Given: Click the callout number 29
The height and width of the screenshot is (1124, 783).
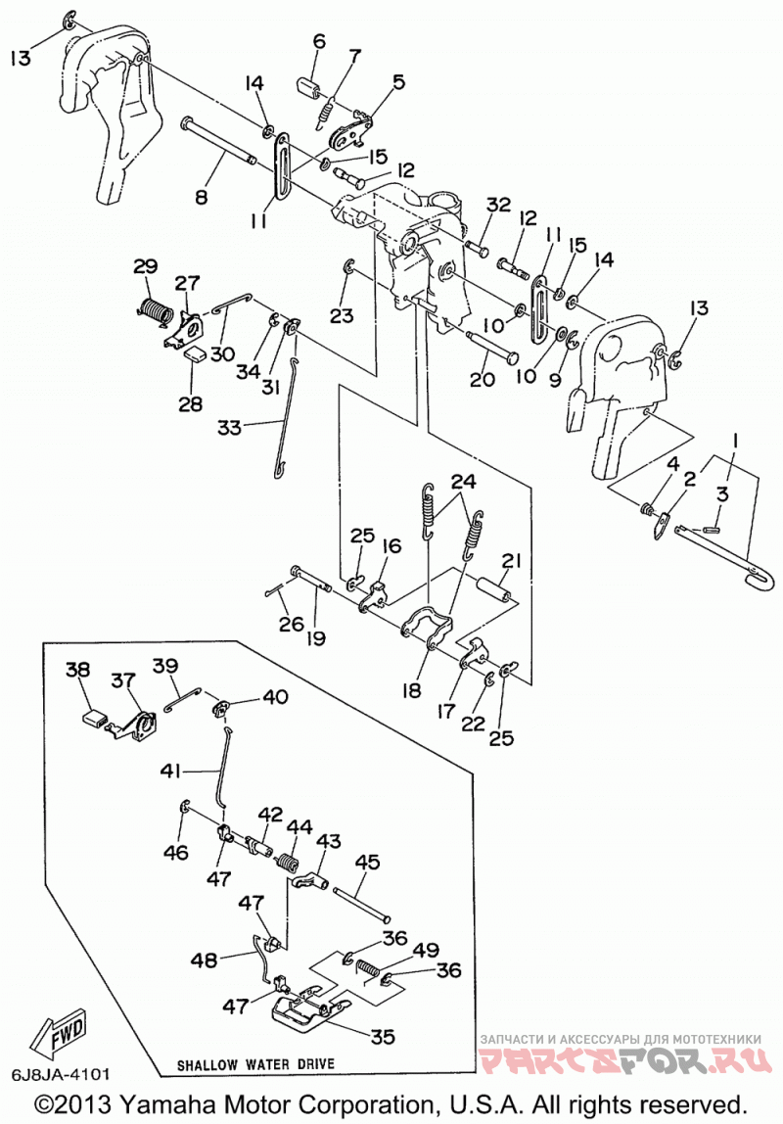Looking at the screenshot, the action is [x=146, y=267].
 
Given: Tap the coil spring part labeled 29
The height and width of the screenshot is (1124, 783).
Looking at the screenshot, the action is [x=154, y=309].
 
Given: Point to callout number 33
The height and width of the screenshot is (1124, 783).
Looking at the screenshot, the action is [x=229, y=428].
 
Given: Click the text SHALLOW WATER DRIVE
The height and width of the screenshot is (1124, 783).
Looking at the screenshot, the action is [x=255, y=1063].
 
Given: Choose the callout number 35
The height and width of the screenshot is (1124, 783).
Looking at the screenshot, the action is [x=383, y=1037].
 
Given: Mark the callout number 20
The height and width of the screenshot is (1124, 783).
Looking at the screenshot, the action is [x=483, y=379].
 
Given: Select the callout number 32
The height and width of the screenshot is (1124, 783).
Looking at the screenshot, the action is [x=498, y=205].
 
